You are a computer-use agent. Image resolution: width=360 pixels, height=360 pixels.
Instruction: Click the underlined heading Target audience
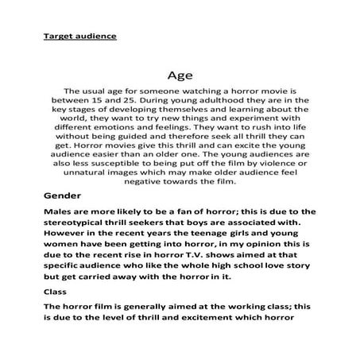[79, 37]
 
